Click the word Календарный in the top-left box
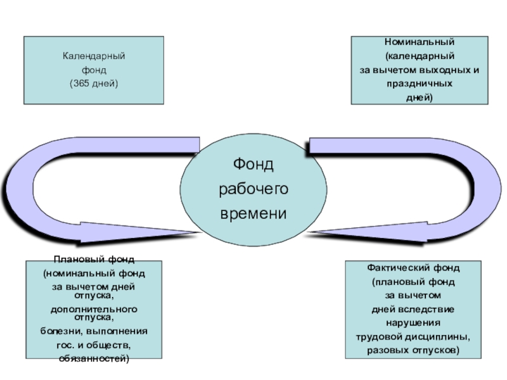tap(94, 57)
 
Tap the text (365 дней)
tap(94, 84)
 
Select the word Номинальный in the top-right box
tap(419, 42)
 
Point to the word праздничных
tap(420, 84)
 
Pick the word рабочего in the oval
tap(253, 189)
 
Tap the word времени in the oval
tap(253, 213)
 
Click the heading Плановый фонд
tap(94, 260)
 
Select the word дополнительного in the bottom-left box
tap(94, 308)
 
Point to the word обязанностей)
tap(94, 358)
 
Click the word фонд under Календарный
tap(94, 70)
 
